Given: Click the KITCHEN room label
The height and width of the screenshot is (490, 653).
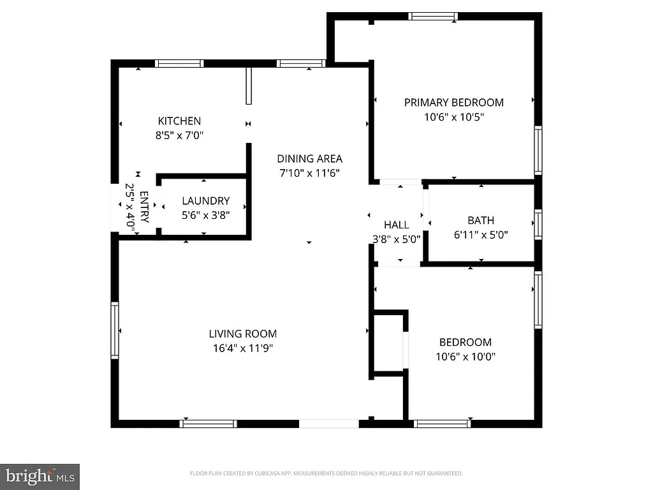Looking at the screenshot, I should point(179,121).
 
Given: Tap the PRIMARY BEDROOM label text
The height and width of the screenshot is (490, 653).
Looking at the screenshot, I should point(453,102).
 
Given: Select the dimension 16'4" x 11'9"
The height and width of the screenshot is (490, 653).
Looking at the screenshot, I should point(243,348).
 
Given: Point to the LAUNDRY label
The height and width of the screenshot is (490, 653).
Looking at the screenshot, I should point(205,200).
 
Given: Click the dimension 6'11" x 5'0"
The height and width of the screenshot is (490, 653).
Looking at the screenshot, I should point(480,235).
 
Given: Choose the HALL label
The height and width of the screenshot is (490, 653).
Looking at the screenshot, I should point(396,225).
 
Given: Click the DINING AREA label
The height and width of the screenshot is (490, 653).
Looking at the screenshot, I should point(309,159).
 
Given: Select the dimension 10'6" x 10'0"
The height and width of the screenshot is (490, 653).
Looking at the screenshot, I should point(465,357).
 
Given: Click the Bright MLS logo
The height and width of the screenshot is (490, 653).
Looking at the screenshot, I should point(40,475).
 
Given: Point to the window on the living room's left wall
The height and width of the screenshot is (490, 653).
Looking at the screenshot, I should point(115,330).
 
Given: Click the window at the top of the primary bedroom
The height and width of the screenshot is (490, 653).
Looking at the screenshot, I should point(433,17).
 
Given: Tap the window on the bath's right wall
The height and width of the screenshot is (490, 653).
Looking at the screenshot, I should point(538,225).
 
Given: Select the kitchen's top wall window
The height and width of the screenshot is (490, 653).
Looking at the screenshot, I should point(179,64).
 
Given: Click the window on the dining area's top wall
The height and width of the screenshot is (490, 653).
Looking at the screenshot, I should point(301,64).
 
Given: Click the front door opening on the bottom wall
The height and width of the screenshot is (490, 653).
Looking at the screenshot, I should point(329,424).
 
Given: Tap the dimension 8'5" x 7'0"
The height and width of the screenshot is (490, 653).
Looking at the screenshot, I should point(179,135).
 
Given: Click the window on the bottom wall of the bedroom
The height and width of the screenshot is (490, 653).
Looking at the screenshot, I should point(442,424).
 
